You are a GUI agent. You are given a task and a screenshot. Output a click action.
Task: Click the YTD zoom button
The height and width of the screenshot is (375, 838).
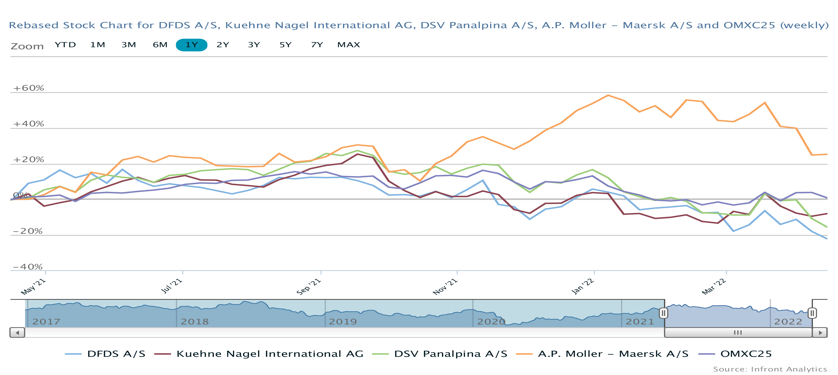point(65,45)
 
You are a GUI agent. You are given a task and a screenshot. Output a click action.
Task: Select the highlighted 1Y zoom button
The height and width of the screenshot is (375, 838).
point(191,45)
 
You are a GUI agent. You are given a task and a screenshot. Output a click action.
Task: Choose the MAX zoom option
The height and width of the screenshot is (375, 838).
point(348,45)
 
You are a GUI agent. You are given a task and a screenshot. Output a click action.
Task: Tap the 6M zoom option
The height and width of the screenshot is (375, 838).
point(160,45)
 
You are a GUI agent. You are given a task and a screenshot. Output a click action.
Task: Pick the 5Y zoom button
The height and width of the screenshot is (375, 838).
point(285,45)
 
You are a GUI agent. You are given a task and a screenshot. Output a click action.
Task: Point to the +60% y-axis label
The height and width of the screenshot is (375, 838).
point(28,88)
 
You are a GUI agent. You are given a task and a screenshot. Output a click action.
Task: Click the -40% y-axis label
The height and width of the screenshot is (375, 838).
point(28,267)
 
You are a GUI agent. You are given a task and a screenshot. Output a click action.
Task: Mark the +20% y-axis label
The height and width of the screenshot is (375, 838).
point(28,160)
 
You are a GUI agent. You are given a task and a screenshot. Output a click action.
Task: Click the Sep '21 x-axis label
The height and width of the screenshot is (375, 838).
point(309,286)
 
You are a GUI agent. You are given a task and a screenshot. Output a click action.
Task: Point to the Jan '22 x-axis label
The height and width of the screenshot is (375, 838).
point(583,286)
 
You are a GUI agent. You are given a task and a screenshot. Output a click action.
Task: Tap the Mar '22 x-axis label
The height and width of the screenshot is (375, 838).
point(714,287)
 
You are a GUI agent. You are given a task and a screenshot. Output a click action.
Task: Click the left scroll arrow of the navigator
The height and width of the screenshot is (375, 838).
point(17,333)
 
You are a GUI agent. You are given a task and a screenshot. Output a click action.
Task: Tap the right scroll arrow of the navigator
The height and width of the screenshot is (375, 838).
point(820,333)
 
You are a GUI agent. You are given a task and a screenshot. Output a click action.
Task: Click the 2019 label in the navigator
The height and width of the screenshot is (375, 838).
point(343,322)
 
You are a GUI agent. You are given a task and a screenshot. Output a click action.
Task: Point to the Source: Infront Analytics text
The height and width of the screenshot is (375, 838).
point(770,369)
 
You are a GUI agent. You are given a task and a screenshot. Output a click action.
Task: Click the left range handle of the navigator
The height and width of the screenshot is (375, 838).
point(664,313)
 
